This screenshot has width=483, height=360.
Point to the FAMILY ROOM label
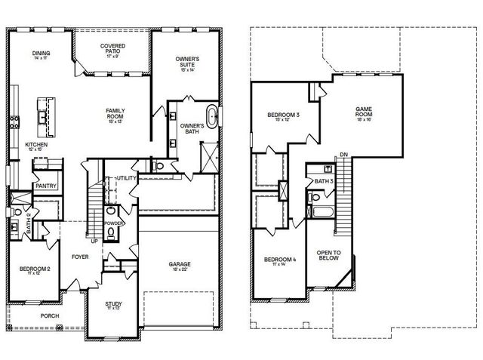point(115,113)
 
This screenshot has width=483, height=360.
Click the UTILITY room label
point(125,177)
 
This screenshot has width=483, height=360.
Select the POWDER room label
point(115,223)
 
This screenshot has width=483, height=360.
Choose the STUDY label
point(113,305)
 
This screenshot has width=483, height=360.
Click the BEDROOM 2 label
point(35,270)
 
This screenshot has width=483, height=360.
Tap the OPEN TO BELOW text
point(329,255)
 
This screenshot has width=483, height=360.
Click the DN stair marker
point(343,155)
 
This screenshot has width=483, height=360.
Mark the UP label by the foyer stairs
point(94,242)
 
